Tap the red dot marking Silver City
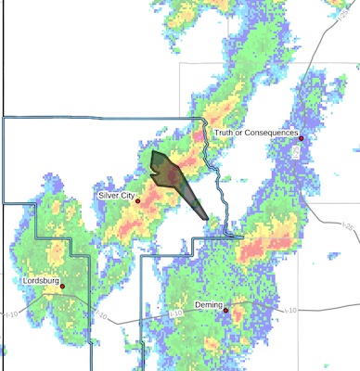pyautogui.click(x=137, y=200)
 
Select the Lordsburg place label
pyautogui.click(x=41, y=280)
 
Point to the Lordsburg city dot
pyautogui.click(x=62, y=287)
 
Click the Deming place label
pyautogui.click(x=208, y=303)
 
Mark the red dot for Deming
pyautogui.click(x=225, y=310)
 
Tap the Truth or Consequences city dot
pyautogui.click(x=301, y=138)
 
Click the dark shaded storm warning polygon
pyautogui.click(x=174, y=176)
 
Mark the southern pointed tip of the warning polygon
pyautogui.click(x=205, y=218)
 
